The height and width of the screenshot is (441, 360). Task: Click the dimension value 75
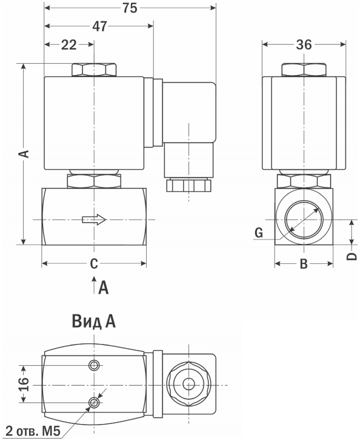[130, 8]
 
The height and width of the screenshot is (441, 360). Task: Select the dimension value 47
[100, 26]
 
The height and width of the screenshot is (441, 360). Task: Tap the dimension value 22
[69, 45]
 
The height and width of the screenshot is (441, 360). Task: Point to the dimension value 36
[304, 44]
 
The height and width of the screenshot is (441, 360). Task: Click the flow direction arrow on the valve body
[94, 220]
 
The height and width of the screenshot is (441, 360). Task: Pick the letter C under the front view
[94, 264]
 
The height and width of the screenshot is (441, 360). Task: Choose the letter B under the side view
[304, 264]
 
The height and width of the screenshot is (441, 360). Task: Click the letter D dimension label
[352, 256]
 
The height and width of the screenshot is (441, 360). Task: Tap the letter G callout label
[259, 233]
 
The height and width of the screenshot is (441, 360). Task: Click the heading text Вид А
[94, 321]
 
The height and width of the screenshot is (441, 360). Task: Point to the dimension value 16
[24, 384]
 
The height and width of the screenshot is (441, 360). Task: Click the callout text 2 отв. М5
[33, 431]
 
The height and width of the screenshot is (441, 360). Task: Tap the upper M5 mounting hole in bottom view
[94, 365]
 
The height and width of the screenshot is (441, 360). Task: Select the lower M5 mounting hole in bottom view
[94, 403]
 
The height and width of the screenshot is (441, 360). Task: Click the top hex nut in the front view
[94, 70]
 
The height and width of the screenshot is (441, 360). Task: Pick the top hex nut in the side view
[304, 70]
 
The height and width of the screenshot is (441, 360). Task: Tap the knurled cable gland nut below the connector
[188, 185]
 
